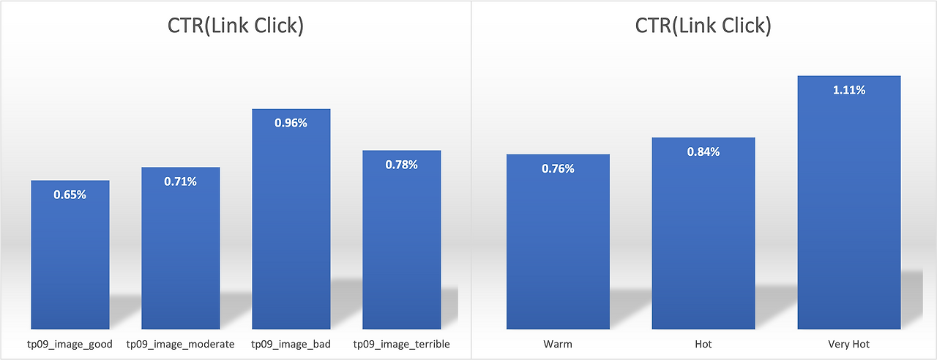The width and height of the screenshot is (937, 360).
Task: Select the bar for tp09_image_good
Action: tap(70, 263)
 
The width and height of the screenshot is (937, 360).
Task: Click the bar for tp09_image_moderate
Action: tap(181, 256)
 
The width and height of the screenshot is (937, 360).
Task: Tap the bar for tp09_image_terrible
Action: tap(401, 249)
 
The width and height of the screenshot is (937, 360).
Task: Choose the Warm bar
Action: tap(558, 249)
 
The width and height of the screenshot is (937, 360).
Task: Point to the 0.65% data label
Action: tap(70, 195)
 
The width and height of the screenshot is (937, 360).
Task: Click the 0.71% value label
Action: tap(181, 181)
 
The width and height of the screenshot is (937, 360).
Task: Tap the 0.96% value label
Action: tap(291, 123)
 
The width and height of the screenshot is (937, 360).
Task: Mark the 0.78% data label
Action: tap(401, 165)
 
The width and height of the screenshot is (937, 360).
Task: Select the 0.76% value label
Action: tap(558, 168)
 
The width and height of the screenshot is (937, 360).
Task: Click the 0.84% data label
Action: tap(703, 151)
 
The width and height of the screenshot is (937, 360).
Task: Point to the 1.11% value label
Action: tap(848, 90)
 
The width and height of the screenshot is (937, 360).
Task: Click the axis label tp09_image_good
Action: tap(70, 344)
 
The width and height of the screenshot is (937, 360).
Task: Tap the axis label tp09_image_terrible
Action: tap(401, 344)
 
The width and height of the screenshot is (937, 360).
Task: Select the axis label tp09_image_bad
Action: tap(291, 344)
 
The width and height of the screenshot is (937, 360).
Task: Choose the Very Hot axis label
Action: tap(848, 344)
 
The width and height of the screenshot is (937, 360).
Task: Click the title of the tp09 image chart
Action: tap(235, 26)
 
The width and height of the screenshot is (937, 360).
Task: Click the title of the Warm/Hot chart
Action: tap(703, 26)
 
